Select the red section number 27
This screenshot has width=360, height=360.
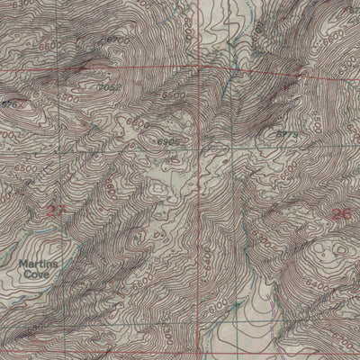(x=57, y=210)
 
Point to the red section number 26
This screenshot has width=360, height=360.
(x=339, y=213)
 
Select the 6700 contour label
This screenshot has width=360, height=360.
(x=115, y=41)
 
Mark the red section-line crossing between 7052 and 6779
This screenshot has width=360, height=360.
(x=197, y=67)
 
